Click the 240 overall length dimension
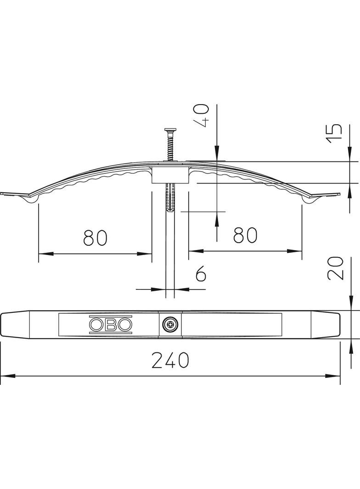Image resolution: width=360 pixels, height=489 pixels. click(x=170, y=360)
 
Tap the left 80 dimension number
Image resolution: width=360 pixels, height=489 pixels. click(x=95, y=237)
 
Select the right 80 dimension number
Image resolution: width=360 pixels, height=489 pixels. click(x=245, y=235)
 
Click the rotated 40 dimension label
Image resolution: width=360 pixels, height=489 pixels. click(x=202, y=116)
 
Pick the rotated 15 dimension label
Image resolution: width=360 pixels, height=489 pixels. click(x=335, y=133)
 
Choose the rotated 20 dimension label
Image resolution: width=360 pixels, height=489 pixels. click(x=335, y=268)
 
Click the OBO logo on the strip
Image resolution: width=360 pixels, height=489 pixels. click(x=111, y=325)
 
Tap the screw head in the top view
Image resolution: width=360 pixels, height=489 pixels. click(x=170, y=325)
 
